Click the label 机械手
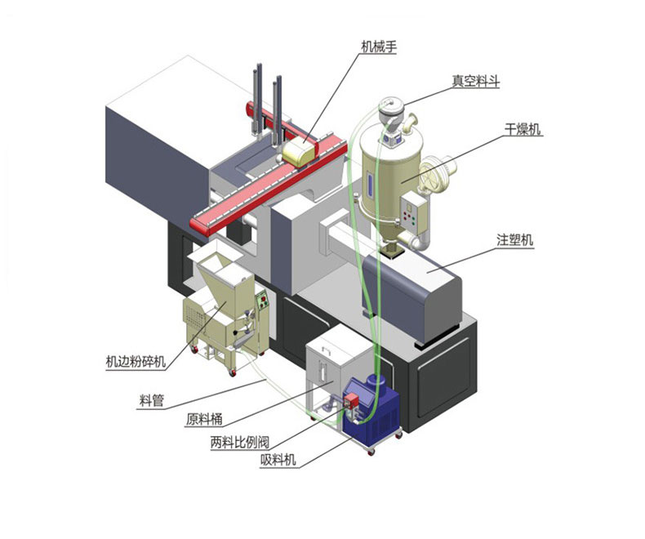pyautogui.click(x=379, y=47)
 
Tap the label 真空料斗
pyautogui.click(x=476, y=81)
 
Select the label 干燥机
pyautogui.click(x=523, y=130)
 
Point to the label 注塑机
pyautogui.click(x=514, y=239)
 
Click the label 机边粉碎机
pyautogui.click(x=136, y=362)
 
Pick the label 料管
pyautogui.click(x=151, y=400)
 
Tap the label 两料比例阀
pyautogui.click(x=240, y=442)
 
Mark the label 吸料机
pyautogui.click(x=278, y=459)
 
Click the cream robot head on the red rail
pyautogui.click(x=299, y=152)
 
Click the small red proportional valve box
pyautogui.click(x=351, y=400)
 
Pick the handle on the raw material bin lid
pyautogui.click(x=327, y=350)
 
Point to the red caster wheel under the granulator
pyautogui.click(x=233, y=372)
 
